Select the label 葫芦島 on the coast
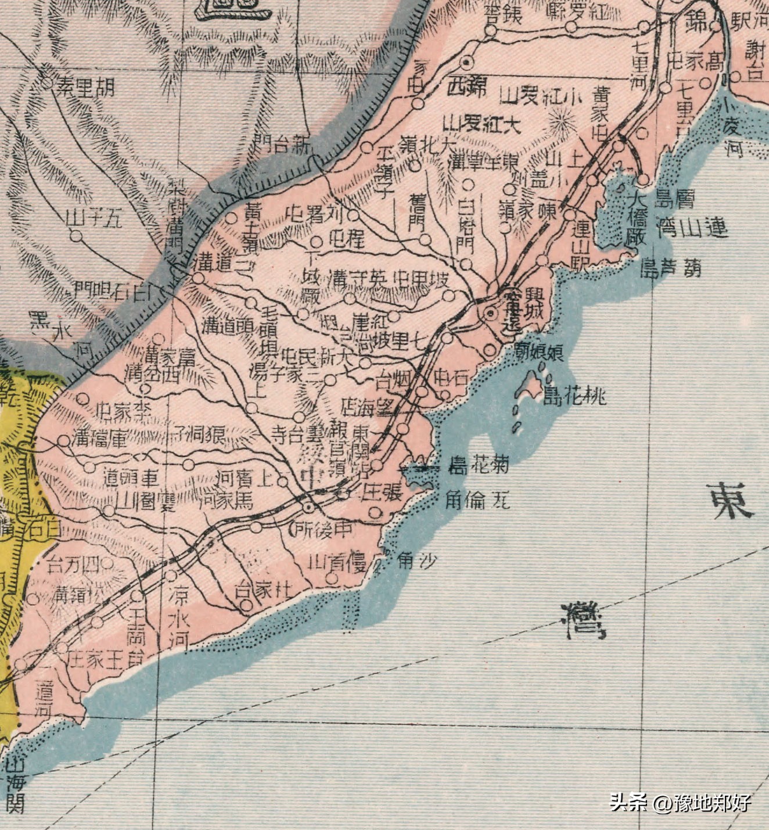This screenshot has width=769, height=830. (670, 268)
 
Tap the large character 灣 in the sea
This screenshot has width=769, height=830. (583, 619)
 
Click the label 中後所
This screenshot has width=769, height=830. (321, 528)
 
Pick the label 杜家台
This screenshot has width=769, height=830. (261, 590)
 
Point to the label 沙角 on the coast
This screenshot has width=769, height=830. (416, 559)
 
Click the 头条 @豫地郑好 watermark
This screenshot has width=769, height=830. (680, 803)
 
